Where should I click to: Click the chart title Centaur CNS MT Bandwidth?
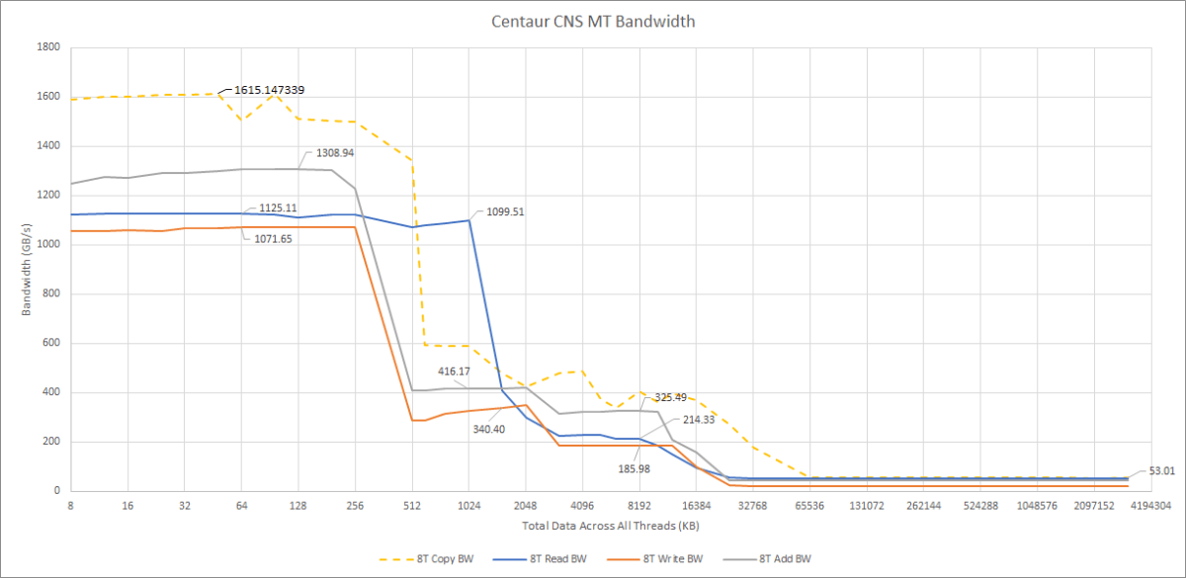click(x=592, y=20)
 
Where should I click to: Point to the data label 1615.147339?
click(x=269, y=90)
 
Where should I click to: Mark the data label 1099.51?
click(x=504, y=211)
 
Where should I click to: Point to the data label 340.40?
click(x=488, y=429)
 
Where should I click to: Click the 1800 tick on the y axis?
click(x=47, y=47)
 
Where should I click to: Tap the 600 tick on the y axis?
click(x=50, y=343)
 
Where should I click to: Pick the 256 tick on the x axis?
click(x=356, y=505)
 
